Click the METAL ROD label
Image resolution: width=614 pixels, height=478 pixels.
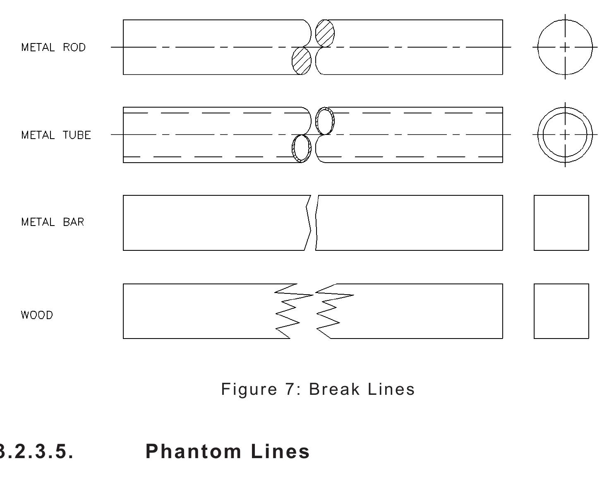click(53, 48)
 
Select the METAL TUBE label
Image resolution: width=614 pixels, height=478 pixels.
click(56, 135)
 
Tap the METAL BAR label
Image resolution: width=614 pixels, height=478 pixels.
click(53, 222)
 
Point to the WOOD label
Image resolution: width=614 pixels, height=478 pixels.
click(37, 315)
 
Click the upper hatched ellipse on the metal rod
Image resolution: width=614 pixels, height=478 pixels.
click(325, 33)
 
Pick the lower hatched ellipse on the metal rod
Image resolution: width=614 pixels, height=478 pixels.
click(301, 61)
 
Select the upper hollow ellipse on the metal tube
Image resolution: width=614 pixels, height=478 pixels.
click(325, 121)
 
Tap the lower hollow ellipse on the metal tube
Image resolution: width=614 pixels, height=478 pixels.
click(301, 149)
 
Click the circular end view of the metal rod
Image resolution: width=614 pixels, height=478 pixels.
click(565, 47)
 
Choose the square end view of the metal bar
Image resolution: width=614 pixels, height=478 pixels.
click(561, 223)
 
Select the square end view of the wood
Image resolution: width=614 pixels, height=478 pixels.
click(561, 311)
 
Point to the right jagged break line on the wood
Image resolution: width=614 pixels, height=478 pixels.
click(329, 311)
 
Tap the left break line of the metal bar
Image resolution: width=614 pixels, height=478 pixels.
click(308, 223)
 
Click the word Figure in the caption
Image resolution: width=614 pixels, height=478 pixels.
click(249, 389)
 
